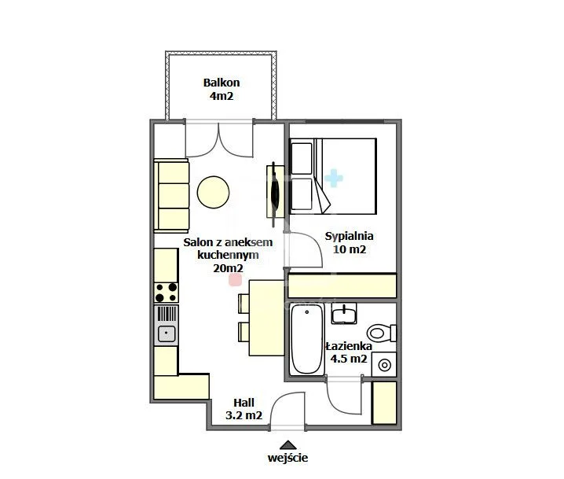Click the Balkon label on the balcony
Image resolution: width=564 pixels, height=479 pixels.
point(222,83)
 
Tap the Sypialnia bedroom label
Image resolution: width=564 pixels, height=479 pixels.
point(349,236)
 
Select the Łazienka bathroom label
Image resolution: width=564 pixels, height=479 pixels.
point(349,346)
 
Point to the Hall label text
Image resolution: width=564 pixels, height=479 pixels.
point(244,402)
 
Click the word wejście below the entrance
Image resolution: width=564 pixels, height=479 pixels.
point(287,458)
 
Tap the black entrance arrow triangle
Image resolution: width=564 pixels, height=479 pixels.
point(287,445)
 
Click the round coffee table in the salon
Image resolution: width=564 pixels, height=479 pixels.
point(214,192)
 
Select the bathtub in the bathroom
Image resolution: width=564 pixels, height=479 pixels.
point(307,339)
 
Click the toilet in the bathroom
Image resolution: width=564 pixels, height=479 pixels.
point(381,333)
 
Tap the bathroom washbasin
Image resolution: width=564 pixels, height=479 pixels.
point(344,313)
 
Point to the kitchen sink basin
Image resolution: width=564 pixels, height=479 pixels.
point(167,333)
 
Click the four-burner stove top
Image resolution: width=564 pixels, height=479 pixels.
point(167,293)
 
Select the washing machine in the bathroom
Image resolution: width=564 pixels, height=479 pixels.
point(384,365)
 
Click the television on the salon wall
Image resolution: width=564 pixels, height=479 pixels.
point(275,194)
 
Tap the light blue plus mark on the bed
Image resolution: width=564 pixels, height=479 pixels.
point(334,178)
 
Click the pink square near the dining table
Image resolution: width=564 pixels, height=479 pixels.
point(236,280)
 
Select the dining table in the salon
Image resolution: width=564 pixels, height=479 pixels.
point(266,318)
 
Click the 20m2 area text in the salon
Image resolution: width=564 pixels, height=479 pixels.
point(228,268)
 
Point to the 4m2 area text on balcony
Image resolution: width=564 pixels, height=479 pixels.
point(222,96)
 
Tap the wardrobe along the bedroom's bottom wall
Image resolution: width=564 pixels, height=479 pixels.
point(342,286)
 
